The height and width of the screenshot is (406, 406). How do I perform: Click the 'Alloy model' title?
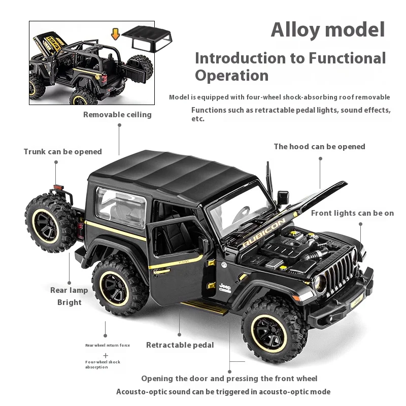point(328,29)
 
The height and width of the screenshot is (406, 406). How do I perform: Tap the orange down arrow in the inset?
point(115,34)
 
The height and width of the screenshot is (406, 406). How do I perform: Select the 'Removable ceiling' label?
point(117,115)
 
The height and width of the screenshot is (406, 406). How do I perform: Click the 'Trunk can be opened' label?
point(62,152)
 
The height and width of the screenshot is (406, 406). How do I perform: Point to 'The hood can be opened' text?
point(319,147)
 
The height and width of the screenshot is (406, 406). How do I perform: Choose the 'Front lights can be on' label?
point(352,213)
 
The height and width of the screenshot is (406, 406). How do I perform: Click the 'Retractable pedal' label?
point(180,345)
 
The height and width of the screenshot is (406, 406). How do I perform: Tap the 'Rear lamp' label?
point(69,290)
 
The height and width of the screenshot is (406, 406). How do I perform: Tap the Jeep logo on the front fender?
point(224,288)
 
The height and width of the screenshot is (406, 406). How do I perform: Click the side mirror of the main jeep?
point(283,197)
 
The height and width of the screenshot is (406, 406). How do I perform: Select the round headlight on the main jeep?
point(320,283)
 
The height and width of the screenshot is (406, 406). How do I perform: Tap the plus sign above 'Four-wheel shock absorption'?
point(106,355)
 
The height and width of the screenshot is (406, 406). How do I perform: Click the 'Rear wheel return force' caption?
point(108,345)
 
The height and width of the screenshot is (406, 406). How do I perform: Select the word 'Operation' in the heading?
point(231,76)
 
